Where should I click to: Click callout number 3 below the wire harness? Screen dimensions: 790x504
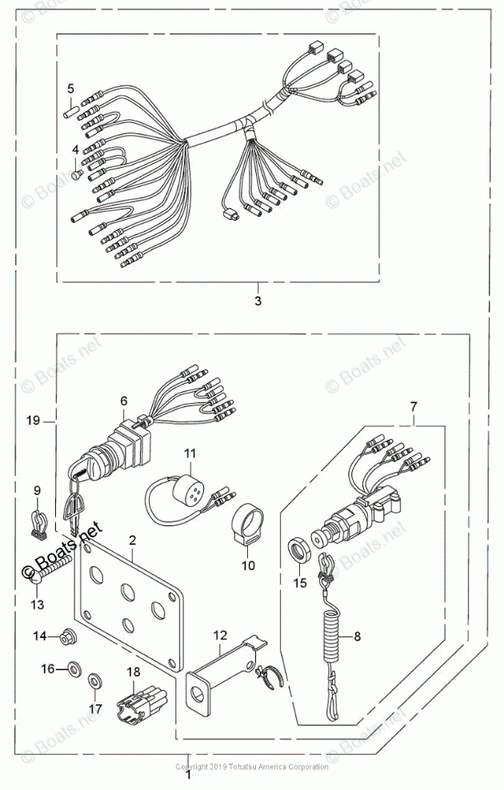click(258, 301)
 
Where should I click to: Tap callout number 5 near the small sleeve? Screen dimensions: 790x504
click(70, 88)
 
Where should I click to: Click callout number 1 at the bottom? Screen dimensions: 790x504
click(188, 773)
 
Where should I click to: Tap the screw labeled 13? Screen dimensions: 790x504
click(48, 573)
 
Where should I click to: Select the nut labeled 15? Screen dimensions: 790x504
click(300, 552)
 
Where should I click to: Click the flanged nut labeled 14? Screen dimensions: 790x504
click(67, 636)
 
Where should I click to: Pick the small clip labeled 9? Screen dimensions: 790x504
click(43, 520)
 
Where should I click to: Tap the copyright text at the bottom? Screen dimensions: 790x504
click(252, 767)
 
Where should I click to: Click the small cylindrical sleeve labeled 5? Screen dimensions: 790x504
click(70, 110)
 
